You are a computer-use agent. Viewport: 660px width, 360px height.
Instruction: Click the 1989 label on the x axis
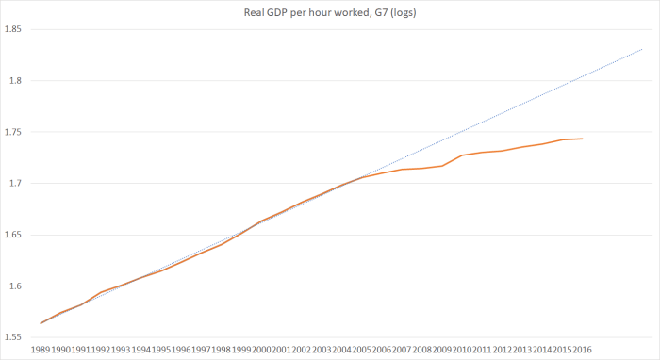click(x=41, y=349)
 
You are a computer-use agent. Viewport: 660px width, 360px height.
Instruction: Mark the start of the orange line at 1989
click(x=41, y=323)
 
